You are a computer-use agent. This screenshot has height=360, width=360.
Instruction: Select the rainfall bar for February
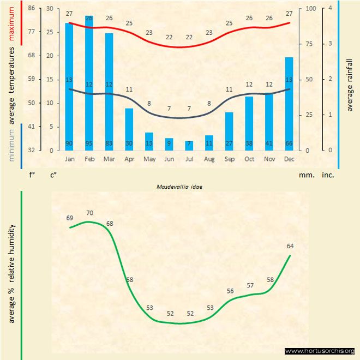pos(89,82)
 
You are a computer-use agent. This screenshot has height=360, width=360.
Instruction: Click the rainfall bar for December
pos(289,104)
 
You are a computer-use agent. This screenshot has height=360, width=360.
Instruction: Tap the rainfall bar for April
pos(129,129)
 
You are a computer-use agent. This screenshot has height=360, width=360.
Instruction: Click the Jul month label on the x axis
pos(189,159)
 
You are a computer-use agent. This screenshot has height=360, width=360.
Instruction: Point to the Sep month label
pos(229,159)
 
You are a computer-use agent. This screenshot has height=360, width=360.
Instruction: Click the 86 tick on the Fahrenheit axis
pos(31,8)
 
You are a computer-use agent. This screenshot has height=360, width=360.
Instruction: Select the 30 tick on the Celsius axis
pos(50,8)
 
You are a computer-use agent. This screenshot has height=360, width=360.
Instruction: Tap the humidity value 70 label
pos(89,213)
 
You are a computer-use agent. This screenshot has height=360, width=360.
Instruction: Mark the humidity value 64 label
pos(290,245)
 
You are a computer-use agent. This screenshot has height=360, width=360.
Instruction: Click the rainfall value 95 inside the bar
pos(89,144)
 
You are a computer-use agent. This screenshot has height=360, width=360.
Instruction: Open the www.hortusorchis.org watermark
pos(320,351)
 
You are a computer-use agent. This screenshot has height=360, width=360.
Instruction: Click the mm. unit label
pos(305,175)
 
